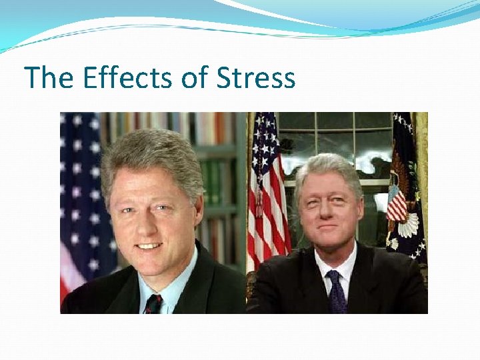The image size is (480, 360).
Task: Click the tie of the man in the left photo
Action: [x=153, y=303]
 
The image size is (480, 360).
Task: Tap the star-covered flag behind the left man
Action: [x=80, y=193]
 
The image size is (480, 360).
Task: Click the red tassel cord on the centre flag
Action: [x=259, y=200]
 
